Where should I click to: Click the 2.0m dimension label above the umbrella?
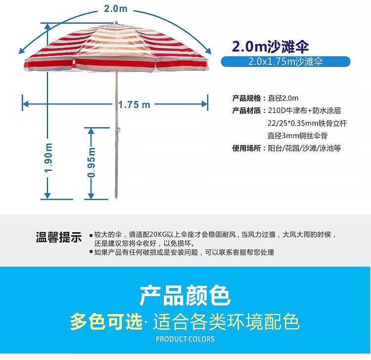pyautogui.click(x=116, y=9)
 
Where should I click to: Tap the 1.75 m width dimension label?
pyautogui.click(x=134, y=104)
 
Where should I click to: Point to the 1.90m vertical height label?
pyautogui.click(x=48, y=157)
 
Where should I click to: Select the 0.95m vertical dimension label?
pyautogui.click(x=92, y=162)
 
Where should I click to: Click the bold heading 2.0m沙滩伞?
pyautogui.click(x=271, y=47)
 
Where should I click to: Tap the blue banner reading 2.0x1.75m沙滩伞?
pyautogui.click(x=285, y=62)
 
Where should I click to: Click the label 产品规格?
pyautogui.click(x=247, y=98)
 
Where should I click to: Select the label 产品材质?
pyautogui.click(x=247, y=110)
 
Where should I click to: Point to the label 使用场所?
pyautogui.click(x=247, y=148)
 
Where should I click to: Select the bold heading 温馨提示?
pyautogui.click(x=58, y=238)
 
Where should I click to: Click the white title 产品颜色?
pyautogui.click(x=185, y=296)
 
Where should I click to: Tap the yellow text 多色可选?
pyautogui.click(x=105, y=322)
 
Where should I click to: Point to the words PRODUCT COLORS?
pyautogui.click(x=185, y=339)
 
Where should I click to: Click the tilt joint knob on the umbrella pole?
pyautogui.click(x=119, y=130)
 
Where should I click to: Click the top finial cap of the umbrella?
pyautogui.click(x=116, y=22)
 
